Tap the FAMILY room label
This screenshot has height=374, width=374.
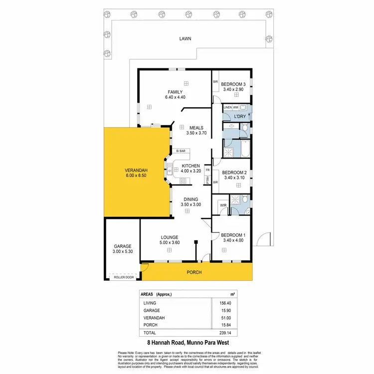175,92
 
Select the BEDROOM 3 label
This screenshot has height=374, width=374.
233,84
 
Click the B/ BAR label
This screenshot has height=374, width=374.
181,151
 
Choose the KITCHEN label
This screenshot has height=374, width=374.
190,166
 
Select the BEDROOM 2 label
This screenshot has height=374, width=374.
234,173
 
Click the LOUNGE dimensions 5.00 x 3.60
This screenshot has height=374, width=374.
169,243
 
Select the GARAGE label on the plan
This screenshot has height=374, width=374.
123,246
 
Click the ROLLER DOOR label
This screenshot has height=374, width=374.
123,277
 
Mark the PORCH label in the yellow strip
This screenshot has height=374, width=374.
193,273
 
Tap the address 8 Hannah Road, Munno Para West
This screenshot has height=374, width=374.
187,343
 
